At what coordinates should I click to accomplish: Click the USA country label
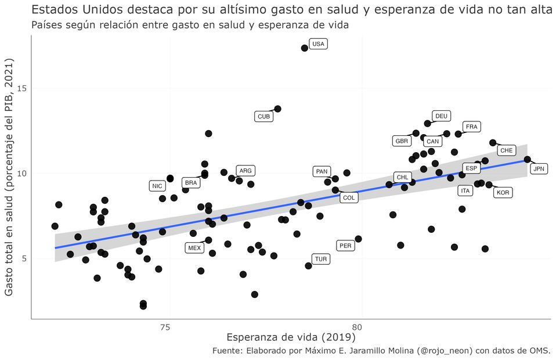[x=318, y=44]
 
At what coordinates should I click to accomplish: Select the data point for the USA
[x=305, y=48]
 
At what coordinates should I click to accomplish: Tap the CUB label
[x=263, y=117]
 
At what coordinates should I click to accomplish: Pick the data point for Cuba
[x=277, y=109]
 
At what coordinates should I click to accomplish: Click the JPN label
[x=539, y=169]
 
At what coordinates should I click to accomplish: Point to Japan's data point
[x=527, y=160]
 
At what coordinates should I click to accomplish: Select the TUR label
[x=320, y=260]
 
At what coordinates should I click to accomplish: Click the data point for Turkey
[x=308, y=266]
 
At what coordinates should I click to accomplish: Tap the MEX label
[x=194, y=248]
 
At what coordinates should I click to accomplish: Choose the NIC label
[x=157, y=186]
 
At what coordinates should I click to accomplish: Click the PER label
[x=345, y=246]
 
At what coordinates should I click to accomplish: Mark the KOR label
[x=503, y=193]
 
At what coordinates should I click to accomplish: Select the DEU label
[x=441, y=116]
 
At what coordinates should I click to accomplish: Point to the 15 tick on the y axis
[x=23, y=88]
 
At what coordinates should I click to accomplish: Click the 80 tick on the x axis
[x=360, y=327]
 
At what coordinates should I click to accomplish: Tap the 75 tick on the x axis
[x=168, y=327]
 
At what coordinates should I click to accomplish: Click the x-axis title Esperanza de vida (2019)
[x=291, y=337]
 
